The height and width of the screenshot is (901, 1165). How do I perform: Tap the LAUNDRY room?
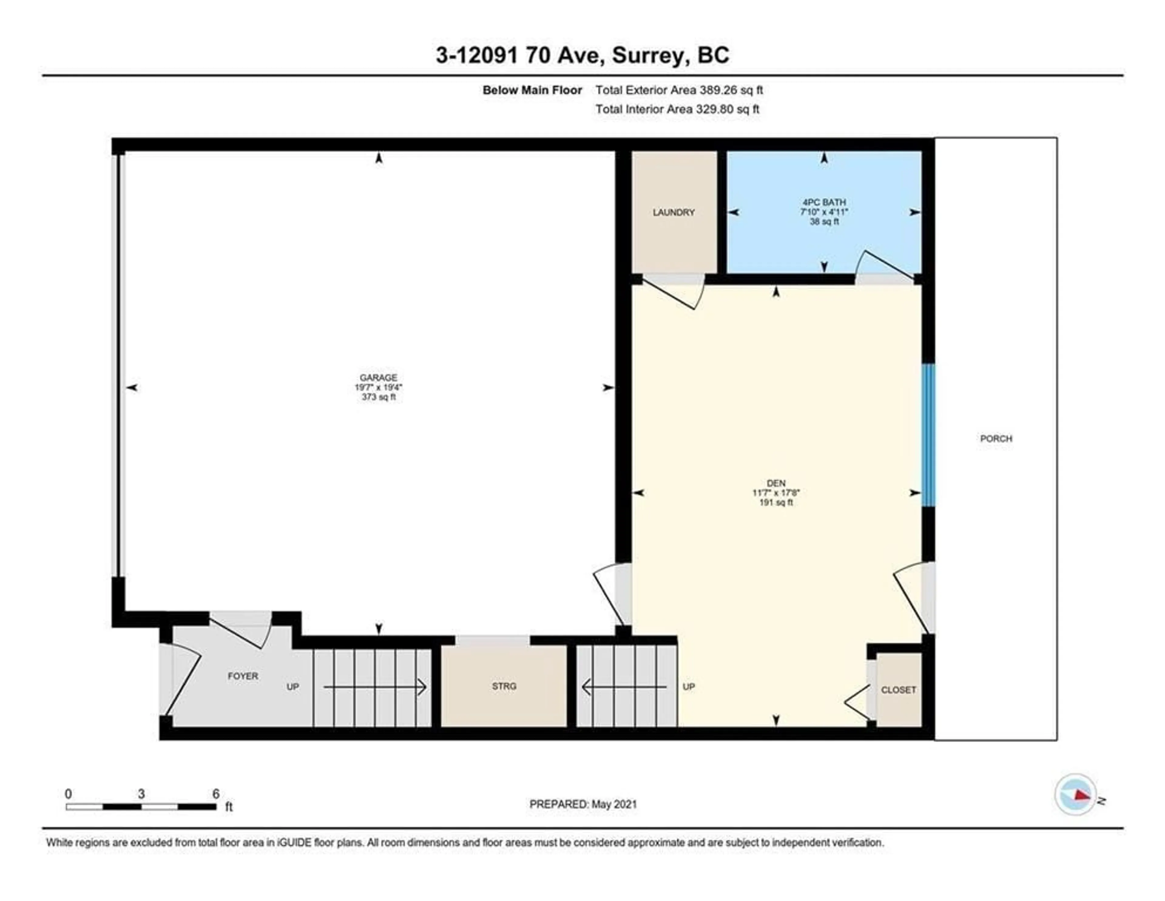[x=674, y=212]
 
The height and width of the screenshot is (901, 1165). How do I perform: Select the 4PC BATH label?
[x=824, y=202]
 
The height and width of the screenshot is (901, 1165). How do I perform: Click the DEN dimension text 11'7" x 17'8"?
[x=776, y=493]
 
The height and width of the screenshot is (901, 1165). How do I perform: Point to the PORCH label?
[x=996, y=438]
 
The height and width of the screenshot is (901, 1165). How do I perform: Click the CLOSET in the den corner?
[x=899, y=690]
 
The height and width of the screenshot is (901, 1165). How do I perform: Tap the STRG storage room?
[x=504, y=686]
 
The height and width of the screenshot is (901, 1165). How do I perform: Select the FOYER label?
[x=243, y=676]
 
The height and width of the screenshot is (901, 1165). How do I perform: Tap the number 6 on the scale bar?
[x=215, y=794]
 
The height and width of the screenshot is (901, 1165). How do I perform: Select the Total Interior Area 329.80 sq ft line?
[x=677, y=109]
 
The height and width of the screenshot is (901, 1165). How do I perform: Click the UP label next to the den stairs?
[x=689, y=687]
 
